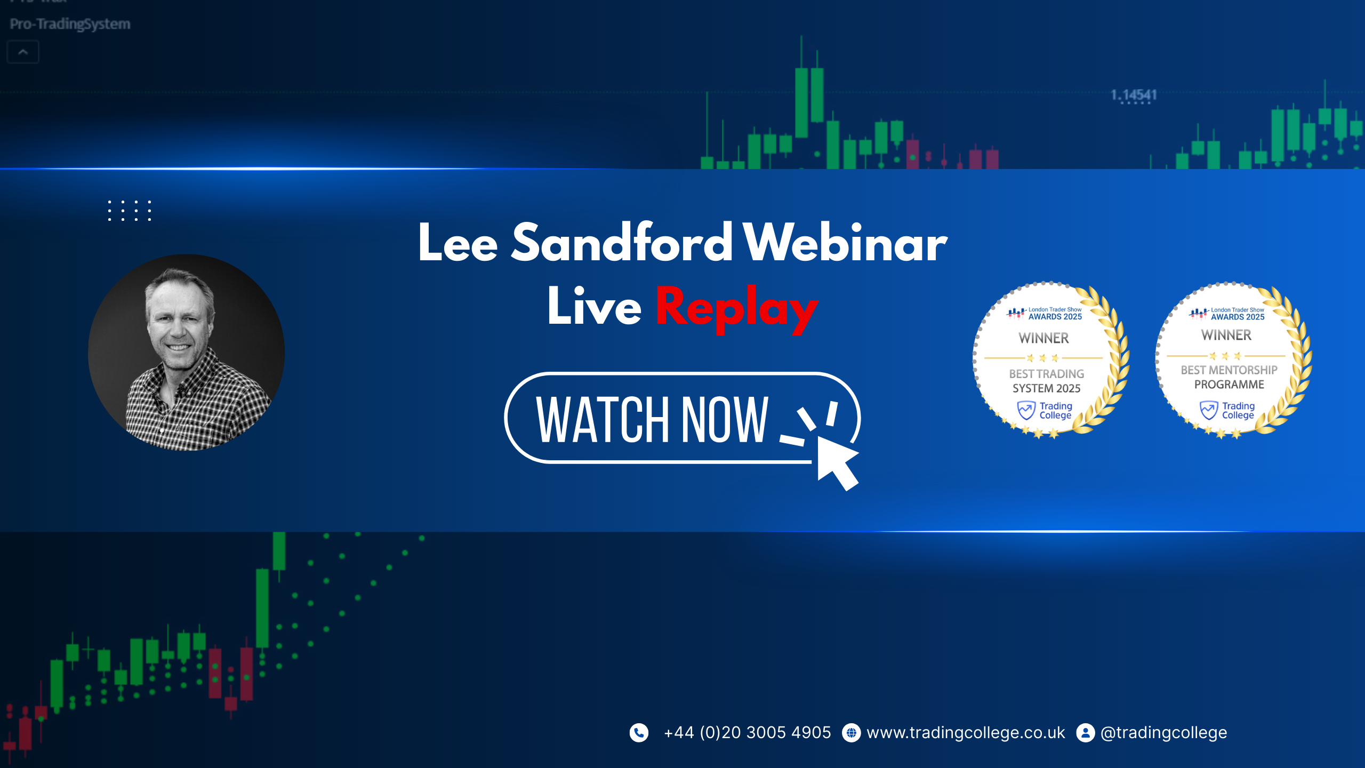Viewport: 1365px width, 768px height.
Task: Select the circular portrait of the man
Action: coord(186,353)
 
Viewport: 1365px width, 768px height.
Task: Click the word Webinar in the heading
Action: coord(846,243)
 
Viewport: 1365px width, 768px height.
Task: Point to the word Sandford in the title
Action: coord(622,243)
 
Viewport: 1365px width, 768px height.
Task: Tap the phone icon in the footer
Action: coord(639,733)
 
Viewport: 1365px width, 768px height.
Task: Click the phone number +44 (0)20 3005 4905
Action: coord(747,733)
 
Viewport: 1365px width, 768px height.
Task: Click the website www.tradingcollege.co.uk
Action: coord(966,733)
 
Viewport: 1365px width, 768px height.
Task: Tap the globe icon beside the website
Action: coord(851,733)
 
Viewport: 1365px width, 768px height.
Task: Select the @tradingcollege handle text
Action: coord(1164,733)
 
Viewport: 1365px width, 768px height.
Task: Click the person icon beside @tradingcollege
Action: coord(1085,733)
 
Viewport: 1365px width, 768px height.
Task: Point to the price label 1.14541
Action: coord(1134,95)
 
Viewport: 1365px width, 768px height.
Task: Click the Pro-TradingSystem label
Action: coord(70,24)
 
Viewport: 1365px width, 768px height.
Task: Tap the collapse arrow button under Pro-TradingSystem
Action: coord(23,52)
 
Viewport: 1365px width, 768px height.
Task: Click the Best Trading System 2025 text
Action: coord(1047,381)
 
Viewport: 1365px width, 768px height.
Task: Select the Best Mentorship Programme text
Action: coord(1229,377)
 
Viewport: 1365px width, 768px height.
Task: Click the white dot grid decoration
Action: coord(130,211)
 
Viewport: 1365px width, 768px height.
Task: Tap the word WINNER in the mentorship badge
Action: coord(1226,335)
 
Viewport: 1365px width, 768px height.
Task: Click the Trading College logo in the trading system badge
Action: coord(1045,411)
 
